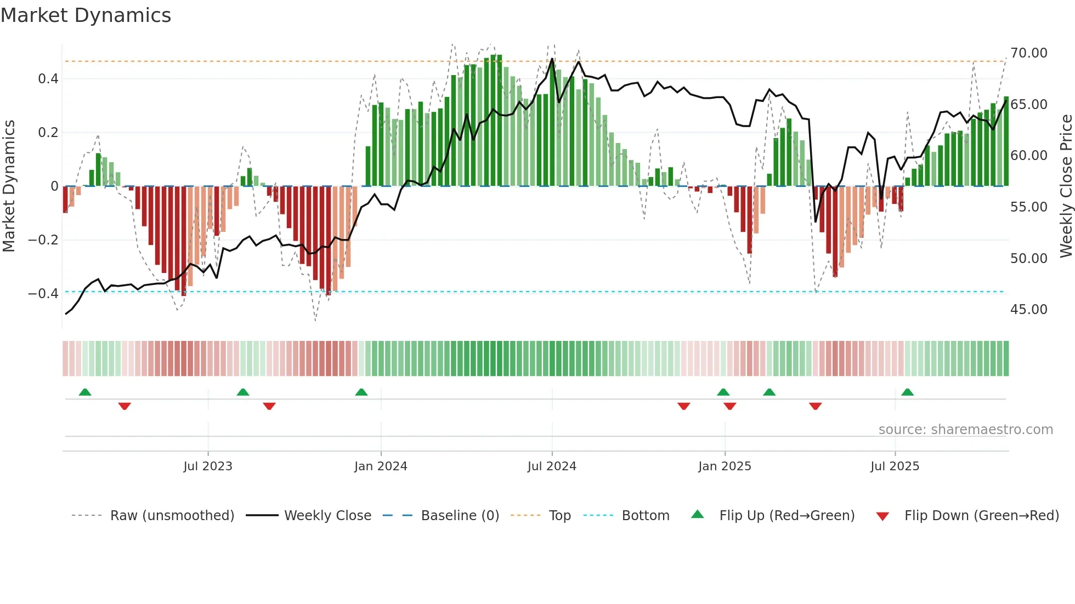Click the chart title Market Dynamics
[x=86, y=15]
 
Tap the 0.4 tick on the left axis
[x=48, y=79]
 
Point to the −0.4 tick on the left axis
[x=43, y=294]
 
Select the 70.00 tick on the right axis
[x=1028, y=53]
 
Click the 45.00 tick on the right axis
[x=1028, y=310]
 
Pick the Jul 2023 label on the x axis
[x=208, y=466]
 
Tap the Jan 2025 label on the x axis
[x=725, y=466]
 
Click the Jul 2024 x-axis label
[x=552, y=466]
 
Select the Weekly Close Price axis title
[x=1066, y=186]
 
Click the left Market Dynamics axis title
[x=9, y=186]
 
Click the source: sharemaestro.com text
[x=965, y=430]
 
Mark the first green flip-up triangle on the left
[x=85, y=392]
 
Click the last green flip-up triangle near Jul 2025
[x=907, y=392]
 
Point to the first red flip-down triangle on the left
[x=125, y=406]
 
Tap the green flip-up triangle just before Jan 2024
[x=361, y=392]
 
